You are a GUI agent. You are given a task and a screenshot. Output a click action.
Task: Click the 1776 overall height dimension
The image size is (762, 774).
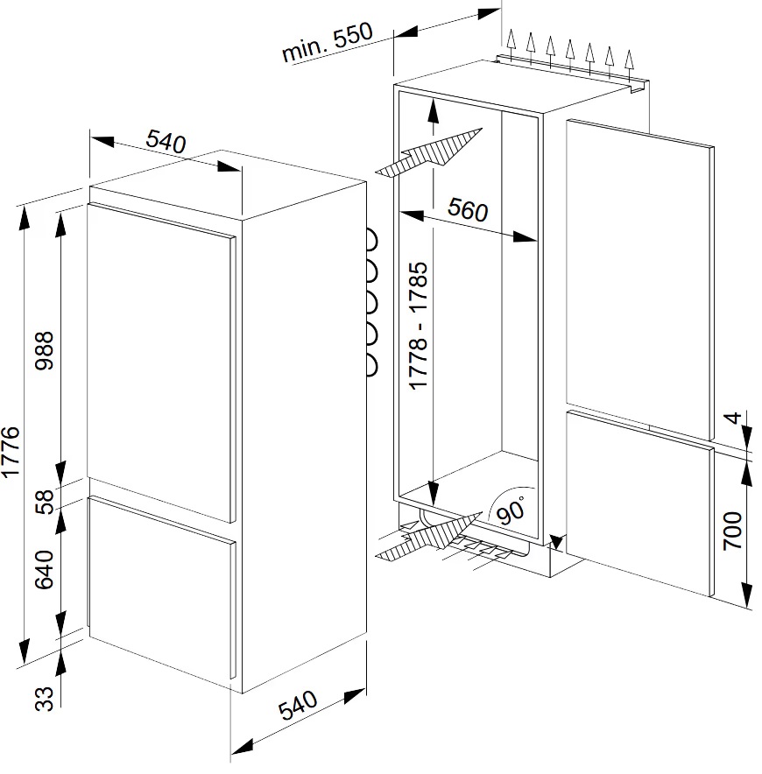(x=11, y=452)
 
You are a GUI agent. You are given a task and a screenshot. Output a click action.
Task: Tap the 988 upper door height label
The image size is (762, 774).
(x=45, y=350)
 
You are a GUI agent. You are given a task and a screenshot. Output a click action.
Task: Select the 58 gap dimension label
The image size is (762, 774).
(x=45, y=502)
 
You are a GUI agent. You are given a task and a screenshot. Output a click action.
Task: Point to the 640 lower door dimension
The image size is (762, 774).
(x=45, y=570)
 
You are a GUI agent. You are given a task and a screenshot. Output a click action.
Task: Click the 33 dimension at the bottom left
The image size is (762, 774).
(x=45, y=699)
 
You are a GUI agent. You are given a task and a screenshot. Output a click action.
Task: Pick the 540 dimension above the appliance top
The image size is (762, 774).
(x=166, y=141)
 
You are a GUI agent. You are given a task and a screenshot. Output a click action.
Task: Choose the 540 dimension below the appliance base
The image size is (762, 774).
(x=298, y=705)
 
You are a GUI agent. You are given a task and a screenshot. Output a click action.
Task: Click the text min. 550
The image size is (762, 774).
(x=328, y=42)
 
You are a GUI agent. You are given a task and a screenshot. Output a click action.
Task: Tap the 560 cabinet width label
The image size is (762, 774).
(x=468, y=209)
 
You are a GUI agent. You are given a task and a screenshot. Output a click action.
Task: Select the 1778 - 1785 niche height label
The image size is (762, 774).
(x=419, y=326)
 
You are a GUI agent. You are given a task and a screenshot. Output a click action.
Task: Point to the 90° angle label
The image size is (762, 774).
(x=512, y=510)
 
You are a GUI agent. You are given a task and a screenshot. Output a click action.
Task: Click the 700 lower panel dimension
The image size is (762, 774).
(x=733, y=531)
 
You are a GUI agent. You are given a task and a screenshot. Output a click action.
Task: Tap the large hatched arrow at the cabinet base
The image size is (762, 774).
(x=428, y=536)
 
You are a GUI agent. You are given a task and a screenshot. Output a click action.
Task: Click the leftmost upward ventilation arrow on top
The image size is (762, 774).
(x=512, y=45)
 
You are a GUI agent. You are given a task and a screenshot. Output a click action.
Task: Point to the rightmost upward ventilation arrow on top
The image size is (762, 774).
(x=629, y=65)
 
